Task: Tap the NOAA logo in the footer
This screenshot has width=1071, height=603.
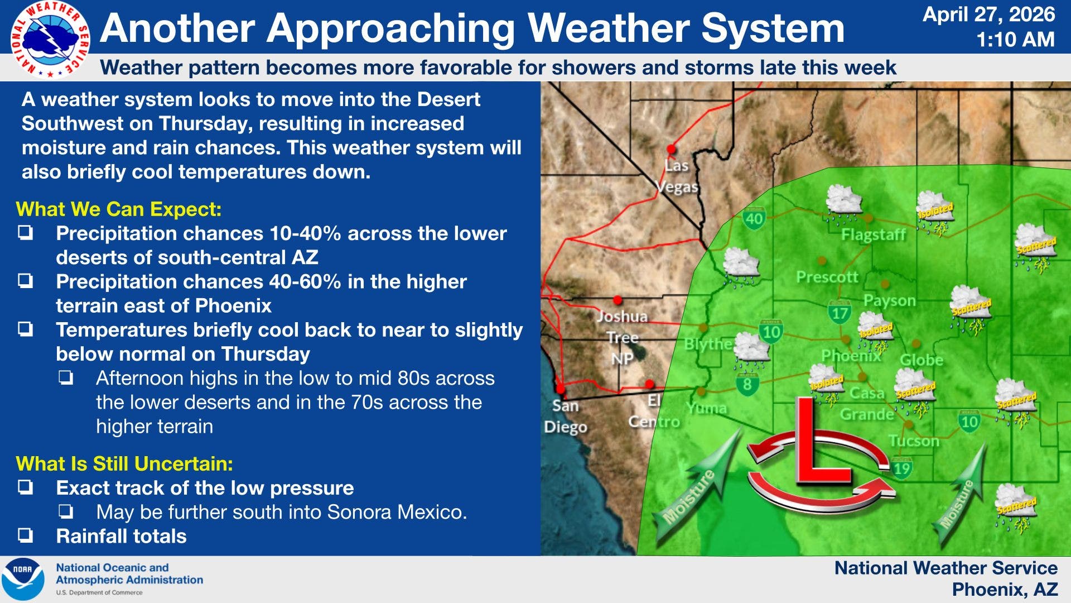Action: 23,579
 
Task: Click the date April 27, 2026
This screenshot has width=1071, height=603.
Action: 988,15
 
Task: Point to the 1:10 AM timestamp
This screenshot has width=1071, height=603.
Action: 1015,40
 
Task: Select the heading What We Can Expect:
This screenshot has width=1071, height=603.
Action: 119,209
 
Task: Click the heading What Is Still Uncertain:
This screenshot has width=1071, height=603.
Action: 124,464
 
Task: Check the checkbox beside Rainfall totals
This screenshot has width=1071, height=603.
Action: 25,536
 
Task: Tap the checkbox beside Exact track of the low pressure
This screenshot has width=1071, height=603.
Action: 25,488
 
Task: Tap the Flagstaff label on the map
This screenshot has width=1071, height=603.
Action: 873,234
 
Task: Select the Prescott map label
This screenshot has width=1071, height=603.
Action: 827,277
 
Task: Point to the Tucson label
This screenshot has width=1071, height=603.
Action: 914,441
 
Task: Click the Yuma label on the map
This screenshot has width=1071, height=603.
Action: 707,409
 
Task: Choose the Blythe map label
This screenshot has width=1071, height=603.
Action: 708,344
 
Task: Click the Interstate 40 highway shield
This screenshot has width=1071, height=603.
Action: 754,218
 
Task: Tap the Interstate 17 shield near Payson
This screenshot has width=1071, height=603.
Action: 840,313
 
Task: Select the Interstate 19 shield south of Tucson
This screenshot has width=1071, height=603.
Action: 902,468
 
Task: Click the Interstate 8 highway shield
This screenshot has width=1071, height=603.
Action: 747,384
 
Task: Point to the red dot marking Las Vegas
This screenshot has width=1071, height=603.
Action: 671,149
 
